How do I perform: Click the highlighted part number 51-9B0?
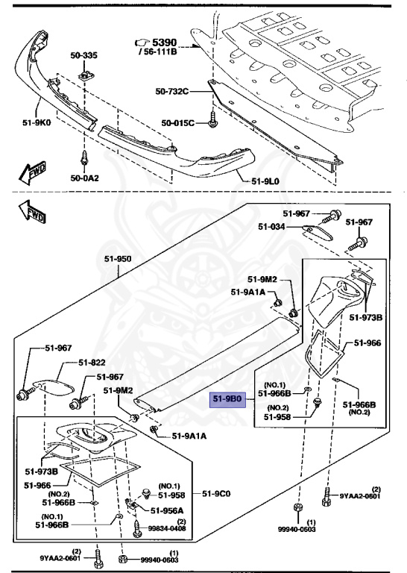[227, 399]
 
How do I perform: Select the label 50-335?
[84, 55]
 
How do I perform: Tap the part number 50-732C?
[172, 92]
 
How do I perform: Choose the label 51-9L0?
[266, 180]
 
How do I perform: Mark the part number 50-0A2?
[84, 179]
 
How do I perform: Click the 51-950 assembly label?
[117, 259]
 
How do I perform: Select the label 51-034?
[273, 227]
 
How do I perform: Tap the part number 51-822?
[93, 363]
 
